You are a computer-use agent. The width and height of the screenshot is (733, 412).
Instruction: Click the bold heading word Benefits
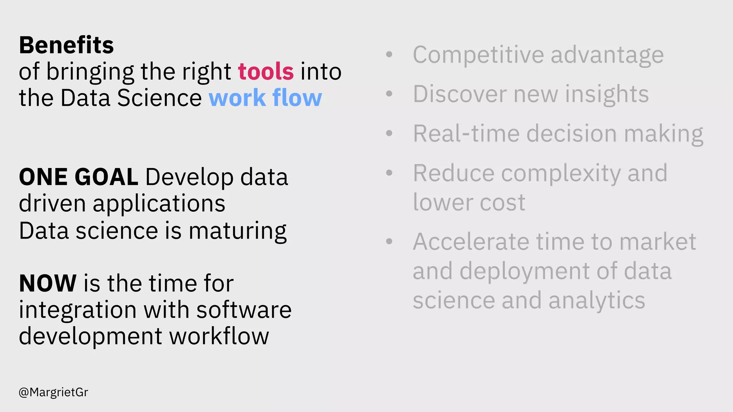click(x=66, y=45)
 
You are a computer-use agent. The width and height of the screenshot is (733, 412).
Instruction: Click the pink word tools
click(x=266, y=72)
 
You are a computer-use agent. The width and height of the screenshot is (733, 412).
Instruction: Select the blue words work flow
click(x=265, y=98)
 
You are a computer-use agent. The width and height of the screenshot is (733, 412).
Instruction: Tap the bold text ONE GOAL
click(x=78, y=177)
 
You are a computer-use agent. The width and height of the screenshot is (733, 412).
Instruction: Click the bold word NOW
click(x=48, y=283)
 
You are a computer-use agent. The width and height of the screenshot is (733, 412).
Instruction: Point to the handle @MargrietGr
click(x=53, y=392)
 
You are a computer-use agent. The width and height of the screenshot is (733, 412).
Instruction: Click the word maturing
click(x=237, y=231)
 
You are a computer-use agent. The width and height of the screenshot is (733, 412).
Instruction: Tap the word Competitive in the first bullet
click(x=479, y=55)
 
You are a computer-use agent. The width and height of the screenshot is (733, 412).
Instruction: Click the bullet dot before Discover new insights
click(x=389, y=94)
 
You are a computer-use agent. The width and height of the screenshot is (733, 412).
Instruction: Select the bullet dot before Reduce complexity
click(x=389, y=173)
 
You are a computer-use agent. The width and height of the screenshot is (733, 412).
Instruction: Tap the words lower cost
click(x=469, y=203)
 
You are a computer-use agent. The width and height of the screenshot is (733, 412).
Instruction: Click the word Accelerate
click(x=471, y=242)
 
